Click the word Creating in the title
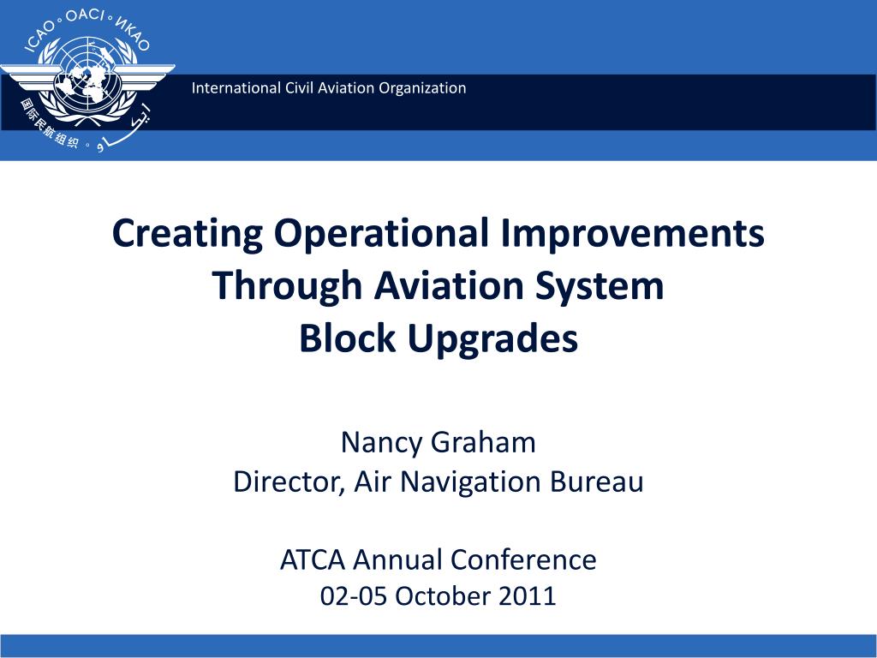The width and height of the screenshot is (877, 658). (x=188, y=234)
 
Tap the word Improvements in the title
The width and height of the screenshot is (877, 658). (x=632, y=234)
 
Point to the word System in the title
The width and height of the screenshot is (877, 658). (x=599, y=286)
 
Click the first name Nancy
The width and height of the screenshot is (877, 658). (x=381, y=443)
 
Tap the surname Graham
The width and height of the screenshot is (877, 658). (x=484, y=443)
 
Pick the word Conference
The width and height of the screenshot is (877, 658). (x=523, y=560)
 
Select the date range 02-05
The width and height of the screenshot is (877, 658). (x=354, y=596)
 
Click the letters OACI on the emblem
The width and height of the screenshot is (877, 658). (x=85, y=15)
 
